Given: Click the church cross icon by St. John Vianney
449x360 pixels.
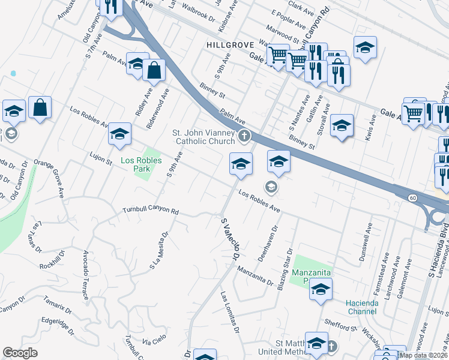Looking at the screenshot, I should (244, 136).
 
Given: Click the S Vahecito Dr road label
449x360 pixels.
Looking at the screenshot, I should (231, 239).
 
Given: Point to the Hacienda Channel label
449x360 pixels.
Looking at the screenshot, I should (366, 307).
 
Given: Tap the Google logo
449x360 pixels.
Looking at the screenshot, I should (20, 353).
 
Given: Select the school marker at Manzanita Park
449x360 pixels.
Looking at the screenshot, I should (321, 289).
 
